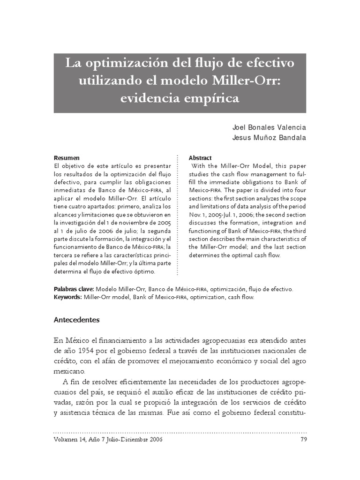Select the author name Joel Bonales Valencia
[270, 127]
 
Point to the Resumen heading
[67, 158]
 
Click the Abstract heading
[200, 158]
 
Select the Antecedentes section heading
[77, 320]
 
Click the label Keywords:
[68, 297]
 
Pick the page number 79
[302, 440]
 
